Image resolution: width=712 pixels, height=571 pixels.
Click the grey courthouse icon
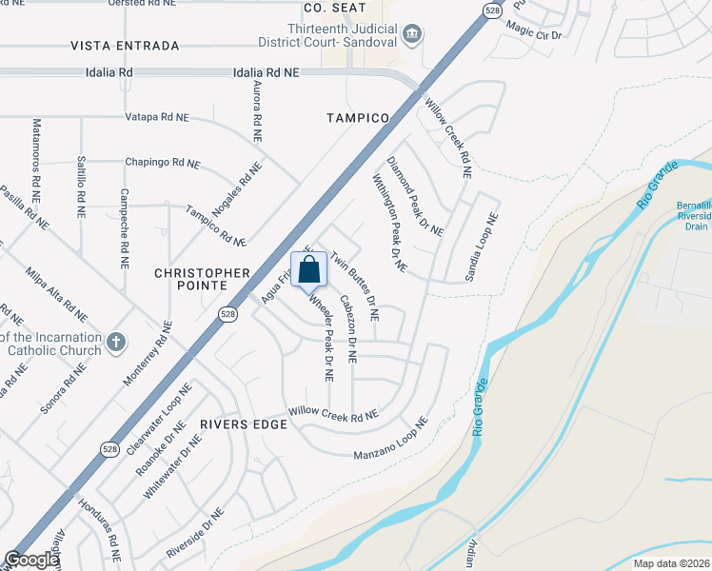[x=413, y=36]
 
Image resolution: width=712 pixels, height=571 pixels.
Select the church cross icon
[x=115, y=342]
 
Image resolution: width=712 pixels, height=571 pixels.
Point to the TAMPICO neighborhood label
[x=358, y=118]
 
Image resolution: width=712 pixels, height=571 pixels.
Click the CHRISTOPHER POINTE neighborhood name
[x=191, y=279]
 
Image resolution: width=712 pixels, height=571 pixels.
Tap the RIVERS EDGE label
[x=244, y=423]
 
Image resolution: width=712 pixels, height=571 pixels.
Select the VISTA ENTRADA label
[x=125, y=46]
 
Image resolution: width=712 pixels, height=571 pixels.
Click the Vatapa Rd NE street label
[x=157, y=117]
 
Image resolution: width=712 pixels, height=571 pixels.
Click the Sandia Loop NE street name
[x=481, y=246]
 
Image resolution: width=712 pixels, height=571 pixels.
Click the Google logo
[x=31, y=560]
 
